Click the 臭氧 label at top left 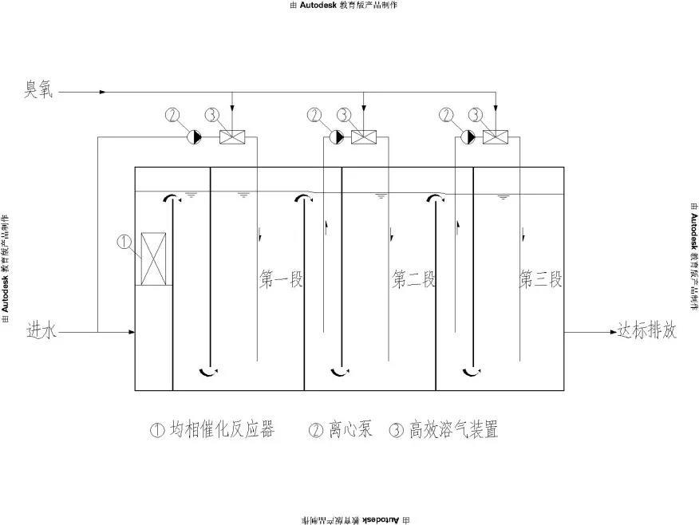point(38,90)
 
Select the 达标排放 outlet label point(646,330)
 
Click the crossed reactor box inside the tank point(153,259)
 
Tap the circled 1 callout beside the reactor point(124,240)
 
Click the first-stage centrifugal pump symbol point(195,137)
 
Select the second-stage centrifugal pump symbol point(338,137)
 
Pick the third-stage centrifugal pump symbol point(469,137)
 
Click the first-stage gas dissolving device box point(232,137)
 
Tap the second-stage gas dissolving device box point(365,137)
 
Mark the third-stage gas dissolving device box point(496,137)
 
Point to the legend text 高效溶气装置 point(453,430)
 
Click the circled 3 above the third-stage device point(476,116)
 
